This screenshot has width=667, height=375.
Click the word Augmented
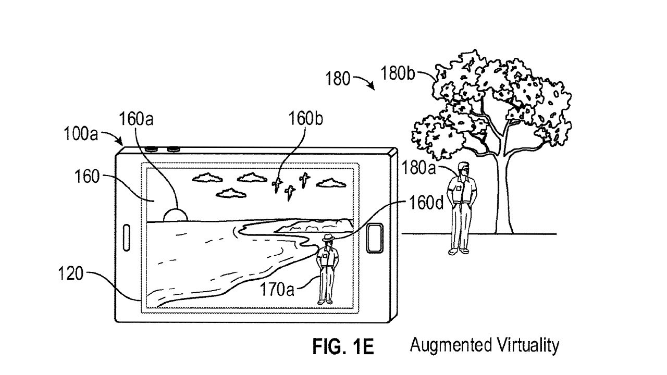pyautogui.click(x=447, y=345)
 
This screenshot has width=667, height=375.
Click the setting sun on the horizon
pyautogui.click(x=175, y=215)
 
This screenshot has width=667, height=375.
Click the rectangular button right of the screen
pyautogui.click(x=375, y=238)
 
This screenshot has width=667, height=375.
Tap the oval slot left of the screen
pyautogui.click(x=126, y=237)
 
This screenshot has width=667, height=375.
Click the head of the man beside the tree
pyautogui.click(x=462, y=168)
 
